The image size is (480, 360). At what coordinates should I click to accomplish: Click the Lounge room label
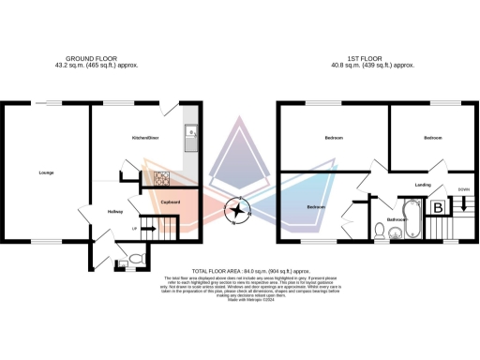(x=45, y=172)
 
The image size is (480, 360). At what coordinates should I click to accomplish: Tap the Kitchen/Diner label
(x=147, y=138)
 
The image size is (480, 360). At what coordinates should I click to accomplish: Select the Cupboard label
(x=171, y=202)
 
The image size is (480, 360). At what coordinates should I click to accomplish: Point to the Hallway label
(x=114, y=212)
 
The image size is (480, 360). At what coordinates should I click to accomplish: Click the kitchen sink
(x=191, y=133)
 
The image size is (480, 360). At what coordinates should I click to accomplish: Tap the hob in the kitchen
(x=161, y=177)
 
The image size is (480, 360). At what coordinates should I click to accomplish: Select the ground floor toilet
(x=136, y=255)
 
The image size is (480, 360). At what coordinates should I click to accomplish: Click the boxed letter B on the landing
(x=438, y=208)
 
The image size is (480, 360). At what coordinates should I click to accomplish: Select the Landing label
(x=424, y=186)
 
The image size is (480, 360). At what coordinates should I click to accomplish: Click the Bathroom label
(x=396, y=221)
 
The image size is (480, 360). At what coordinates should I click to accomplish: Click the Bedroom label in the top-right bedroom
(x=432, y=138)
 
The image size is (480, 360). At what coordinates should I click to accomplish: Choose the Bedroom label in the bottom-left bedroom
(x=316, y=206)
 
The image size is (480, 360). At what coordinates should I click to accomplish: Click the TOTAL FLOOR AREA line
(x=239, y=271)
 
